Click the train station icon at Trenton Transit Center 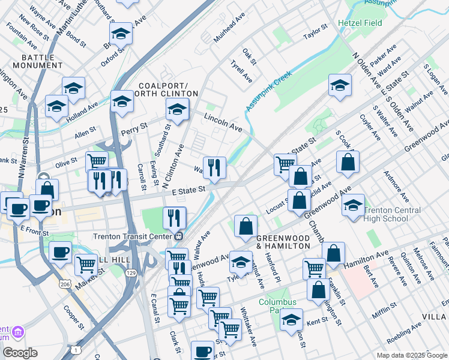click(x=178, y=236)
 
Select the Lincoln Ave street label click(x=223, y=122)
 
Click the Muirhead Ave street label click(x=230, y=28)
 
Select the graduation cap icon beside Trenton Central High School click(x=353, y=204)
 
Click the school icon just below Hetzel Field click(x=339, y=85)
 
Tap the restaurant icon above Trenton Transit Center click(x=175, y=217)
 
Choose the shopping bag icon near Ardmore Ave click(x=348, y=161)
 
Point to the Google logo click(x=19, y=353)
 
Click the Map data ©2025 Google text click(x=411, y=355)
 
